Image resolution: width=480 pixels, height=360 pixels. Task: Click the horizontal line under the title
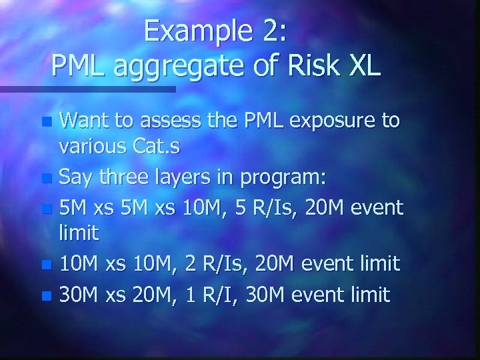click(x=87, y=88)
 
